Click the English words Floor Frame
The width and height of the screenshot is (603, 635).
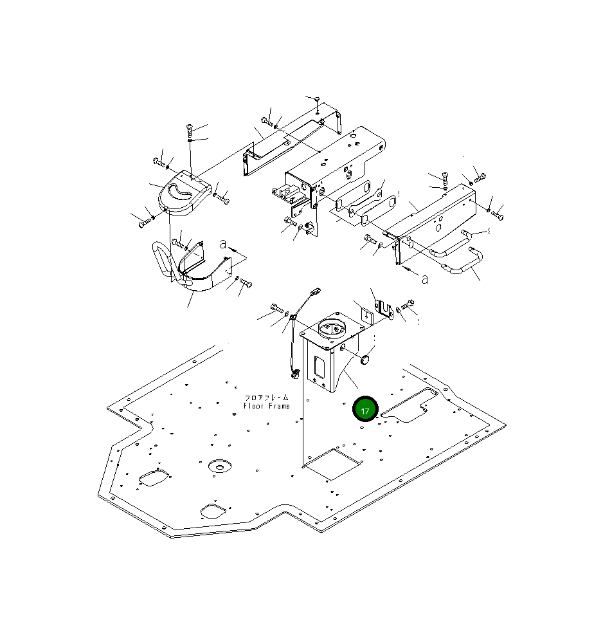267,406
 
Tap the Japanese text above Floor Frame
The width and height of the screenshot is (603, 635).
267,398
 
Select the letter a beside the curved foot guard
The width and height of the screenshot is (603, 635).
223,244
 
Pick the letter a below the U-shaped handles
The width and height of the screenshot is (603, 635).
424,279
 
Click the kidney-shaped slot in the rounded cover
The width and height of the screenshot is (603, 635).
180,191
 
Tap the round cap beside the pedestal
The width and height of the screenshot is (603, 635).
366,360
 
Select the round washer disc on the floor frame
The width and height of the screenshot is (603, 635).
219,466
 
